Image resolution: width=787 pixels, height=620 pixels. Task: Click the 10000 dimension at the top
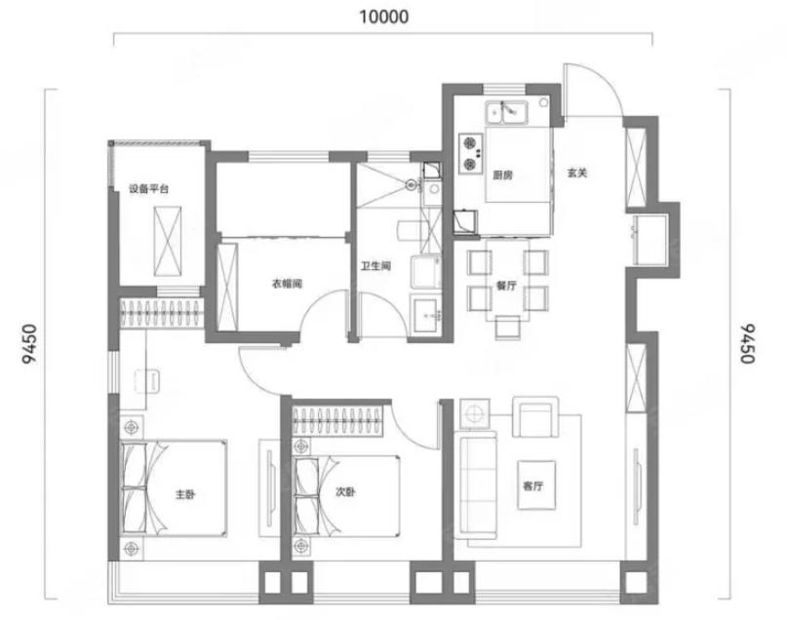pyautogui.click(x=384, y=17)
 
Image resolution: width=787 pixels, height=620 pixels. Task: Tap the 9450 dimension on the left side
pyautogui.click(x=30, y=343)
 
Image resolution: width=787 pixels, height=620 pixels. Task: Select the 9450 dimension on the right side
pyautogui.click(x=747, y=343)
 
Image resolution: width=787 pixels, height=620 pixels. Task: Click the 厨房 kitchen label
pyautogui.click(x=502, y=175)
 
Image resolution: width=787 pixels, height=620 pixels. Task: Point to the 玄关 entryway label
pyautogui.click(x=577, y=173)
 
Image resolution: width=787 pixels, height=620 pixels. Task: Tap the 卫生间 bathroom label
pyautogui.click(x=375, y=266)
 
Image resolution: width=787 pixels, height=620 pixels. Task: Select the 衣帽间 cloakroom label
pyautogui.click(x=287, y=284)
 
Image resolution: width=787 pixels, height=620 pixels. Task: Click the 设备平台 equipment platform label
pyautogui.click(x=148, y=188)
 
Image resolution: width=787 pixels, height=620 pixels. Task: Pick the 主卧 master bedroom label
pyautogui.click(x=184, y=494)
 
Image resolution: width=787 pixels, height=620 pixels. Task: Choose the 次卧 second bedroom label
pyautogui.click(x=345, y=491)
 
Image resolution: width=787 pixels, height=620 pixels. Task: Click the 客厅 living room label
pyautogui.click(x=532, y=485)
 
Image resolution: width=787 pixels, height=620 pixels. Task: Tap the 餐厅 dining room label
pyautogui.click(x=506, y=286)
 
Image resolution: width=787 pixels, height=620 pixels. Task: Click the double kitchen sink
pyautogui.click(x=506, y=112)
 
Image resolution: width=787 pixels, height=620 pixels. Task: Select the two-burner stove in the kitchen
pyautogui.click(x=470, y=153)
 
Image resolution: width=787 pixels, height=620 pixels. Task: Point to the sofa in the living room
pyautogui.click(x=475, y=484)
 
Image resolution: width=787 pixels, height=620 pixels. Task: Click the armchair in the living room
pyautogui.click(x=535, y=417)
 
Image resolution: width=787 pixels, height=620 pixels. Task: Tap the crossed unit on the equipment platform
pyautogui.click(x=168, y=241)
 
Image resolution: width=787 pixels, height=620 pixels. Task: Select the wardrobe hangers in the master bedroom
pyautogui.click(x=162, y=313)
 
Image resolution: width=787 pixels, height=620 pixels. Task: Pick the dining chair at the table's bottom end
pyautogui.click(x=507, y=329)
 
